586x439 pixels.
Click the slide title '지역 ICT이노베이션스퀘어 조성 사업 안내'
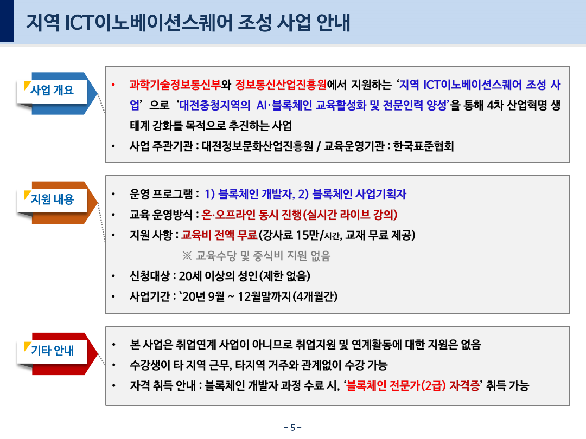click(x=188, y=22)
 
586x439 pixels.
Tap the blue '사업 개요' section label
click(x=52, y=90)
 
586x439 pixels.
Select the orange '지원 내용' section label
click(x=52, y=199)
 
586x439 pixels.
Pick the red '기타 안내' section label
click(x=52, y=351)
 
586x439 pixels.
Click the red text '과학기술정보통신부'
click(x=175, y=85)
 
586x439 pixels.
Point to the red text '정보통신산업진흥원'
click(x=281, y=85)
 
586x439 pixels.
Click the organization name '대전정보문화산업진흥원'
click(x=258, y=146)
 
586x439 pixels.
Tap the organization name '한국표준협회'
click(x=423, y=146)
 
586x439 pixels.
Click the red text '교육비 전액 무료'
click(x=219, y=235)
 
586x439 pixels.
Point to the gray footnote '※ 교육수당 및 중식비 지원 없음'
click(x=256, y=256)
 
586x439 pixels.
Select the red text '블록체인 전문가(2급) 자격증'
click(x=413, y=386)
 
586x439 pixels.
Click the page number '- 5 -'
click(x=292, y=428)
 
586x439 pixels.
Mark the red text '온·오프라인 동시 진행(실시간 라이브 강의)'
click(x=300, y=215)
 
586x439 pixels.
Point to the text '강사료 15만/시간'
click(x=302, y=235)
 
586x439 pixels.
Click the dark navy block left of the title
click(x=7, y=21)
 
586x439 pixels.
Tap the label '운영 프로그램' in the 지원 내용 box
click(x=161, y=194)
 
